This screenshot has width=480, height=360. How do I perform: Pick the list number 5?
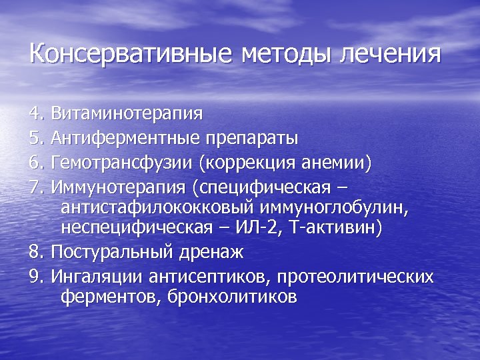37,139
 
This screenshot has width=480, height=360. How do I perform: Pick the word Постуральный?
114,253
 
